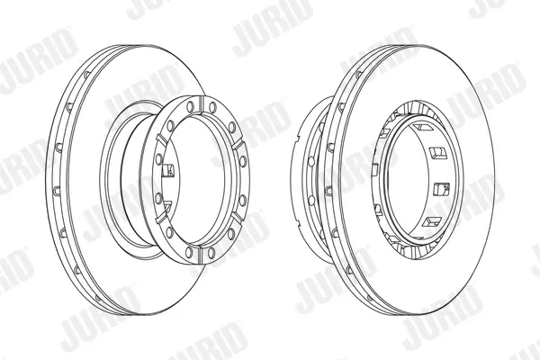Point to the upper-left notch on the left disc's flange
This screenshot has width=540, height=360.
point(161,139)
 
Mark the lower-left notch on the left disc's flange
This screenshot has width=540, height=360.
point(161,219)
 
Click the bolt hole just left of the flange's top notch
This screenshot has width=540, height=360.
point(189,107)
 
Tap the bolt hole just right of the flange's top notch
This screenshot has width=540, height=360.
point(212,107)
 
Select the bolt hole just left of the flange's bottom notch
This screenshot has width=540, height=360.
point(189,252)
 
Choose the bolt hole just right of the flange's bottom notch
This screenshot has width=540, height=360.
point(211,253)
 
